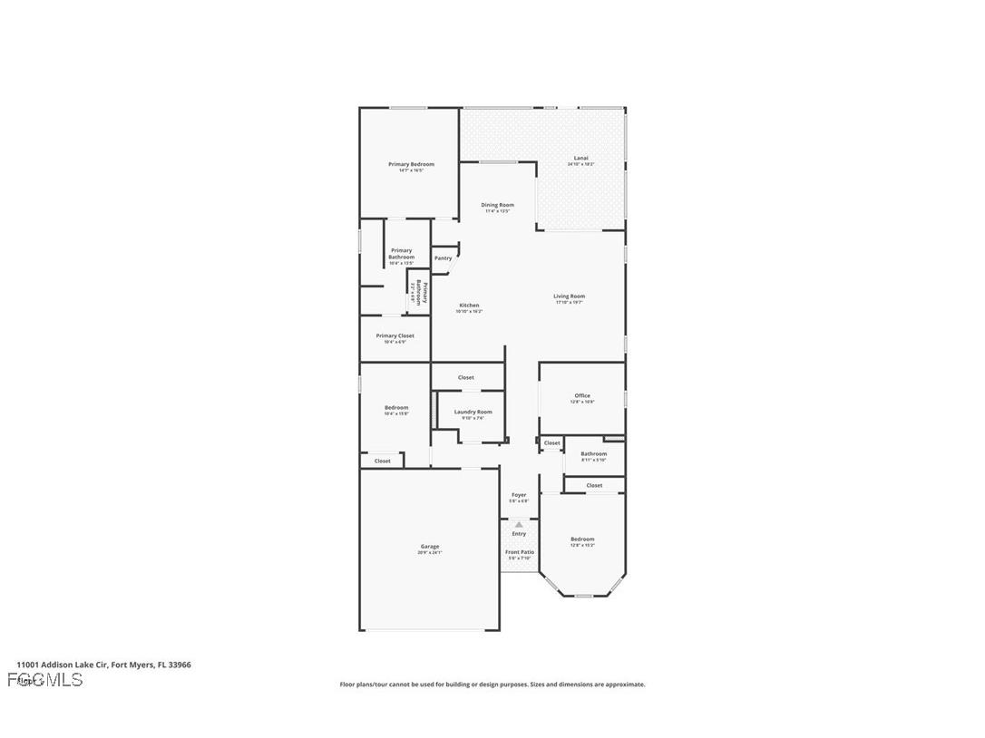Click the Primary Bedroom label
point(411,165)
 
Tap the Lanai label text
point(580,158)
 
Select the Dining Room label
point(497,205)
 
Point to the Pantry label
point(443,258)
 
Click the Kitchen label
point(469,306)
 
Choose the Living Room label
point(570,296)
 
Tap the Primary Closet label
point(395,335)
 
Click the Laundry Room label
point(473,412)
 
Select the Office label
point(582,395)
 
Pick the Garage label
point(430,547)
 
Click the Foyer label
point(519,495)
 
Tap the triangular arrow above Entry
point(519,524)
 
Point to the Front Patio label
point(520,552)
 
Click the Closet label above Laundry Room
point(465,377)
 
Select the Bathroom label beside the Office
point(594,453)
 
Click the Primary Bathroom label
point(401,254)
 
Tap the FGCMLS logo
point(45,680)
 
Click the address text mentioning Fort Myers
point(103,665)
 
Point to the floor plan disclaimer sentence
point(492,685)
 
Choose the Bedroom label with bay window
point(582,539)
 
